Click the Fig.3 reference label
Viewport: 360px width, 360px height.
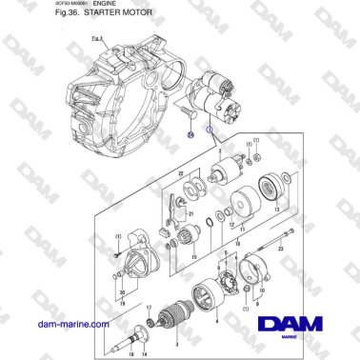[x=95, y=38]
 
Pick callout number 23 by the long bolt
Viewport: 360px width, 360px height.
[x=279, y=245]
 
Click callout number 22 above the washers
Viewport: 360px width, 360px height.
[x=179, y=172]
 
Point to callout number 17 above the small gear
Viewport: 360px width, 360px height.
[x=150, y=305]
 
